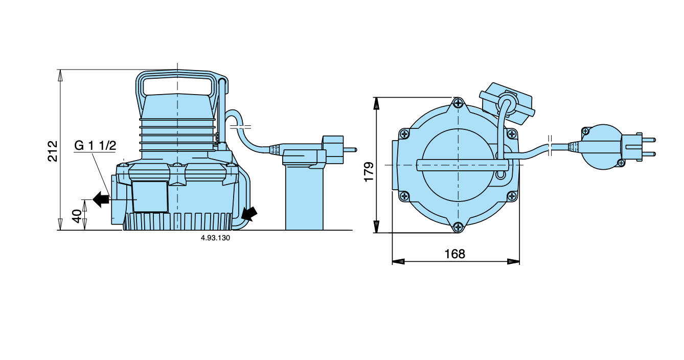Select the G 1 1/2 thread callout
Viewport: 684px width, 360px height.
(x=95, y=146)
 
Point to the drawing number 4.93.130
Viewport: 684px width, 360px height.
(x=215, y=238)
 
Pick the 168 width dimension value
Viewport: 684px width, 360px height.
(x=454, y=254)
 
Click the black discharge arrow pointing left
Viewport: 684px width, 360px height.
(x=101, y=198)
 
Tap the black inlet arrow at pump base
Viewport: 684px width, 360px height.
(x=249, y=213)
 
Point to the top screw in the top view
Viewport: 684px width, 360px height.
(x=458, y=103)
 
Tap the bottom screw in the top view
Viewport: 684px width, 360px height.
(x=458, y=227)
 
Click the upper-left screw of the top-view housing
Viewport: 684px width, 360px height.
(x=405, y=134)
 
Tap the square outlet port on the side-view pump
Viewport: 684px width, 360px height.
(x=150, y=196)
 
